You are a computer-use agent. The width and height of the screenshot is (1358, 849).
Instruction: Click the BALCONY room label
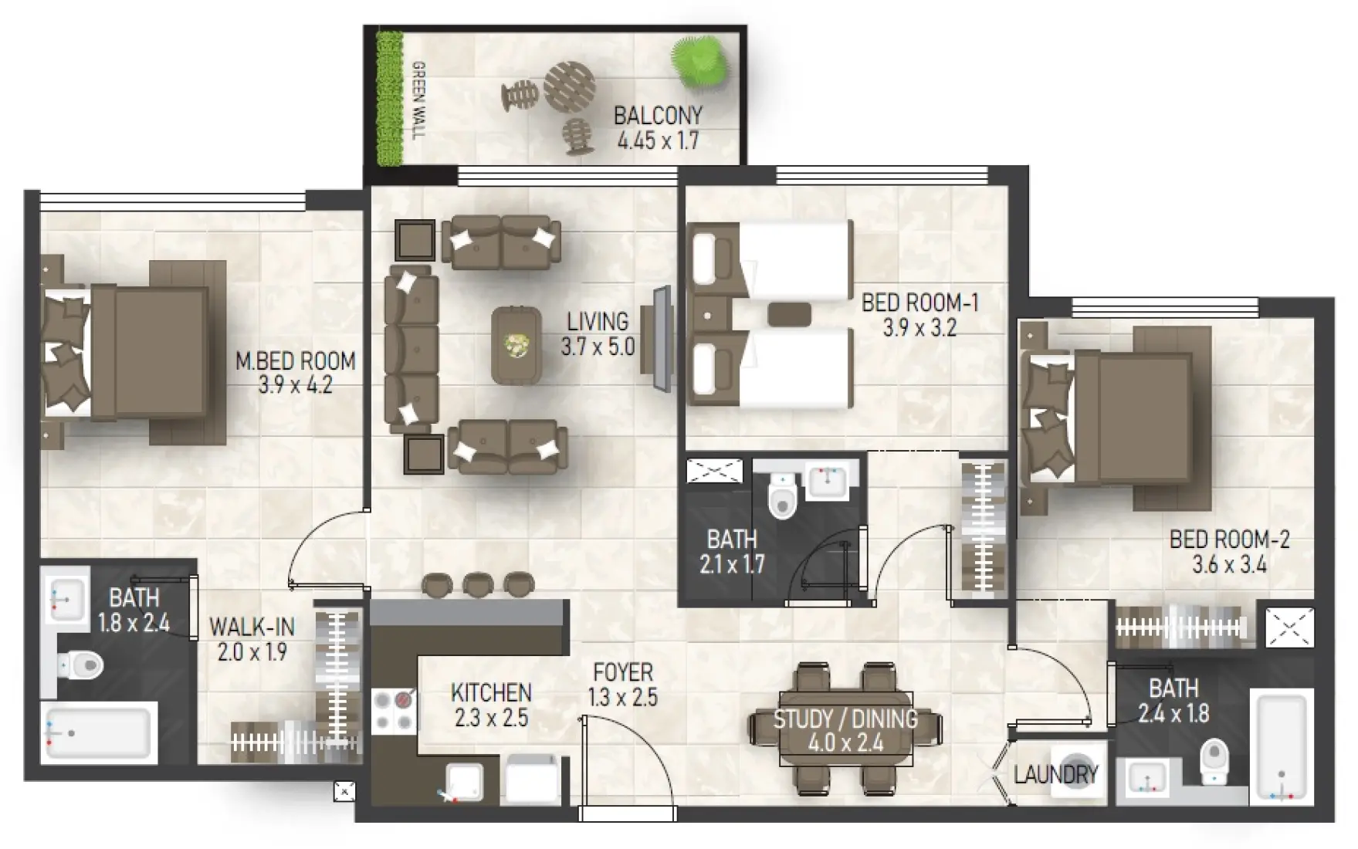click(x=658, y=116)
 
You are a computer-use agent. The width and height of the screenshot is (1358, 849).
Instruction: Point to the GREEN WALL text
click(x=418, y=100)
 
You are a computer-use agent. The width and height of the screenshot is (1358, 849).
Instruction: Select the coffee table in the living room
click(x=516, y=345)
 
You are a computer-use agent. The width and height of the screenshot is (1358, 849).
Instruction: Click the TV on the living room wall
click(x=662, y=338)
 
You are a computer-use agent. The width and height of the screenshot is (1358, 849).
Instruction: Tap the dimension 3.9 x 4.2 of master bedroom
click(x=295, y=384)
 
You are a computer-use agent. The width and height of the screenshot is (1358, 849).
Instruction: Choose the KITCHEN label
click(x=491, y=692)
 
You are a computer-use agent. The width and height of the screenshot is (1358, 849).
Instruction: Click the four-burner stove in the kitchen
click(x=394, y=711)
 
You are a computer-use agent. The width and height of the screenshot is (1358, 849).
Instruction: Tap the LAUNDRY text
click(x=1055, y=775)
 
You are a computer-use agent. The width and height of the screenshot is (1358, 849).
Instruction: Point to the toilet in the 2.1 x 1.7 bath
click(x=782, y=496)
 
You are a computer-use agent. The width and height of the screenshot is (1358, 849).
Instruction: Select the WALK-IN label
click(x=252, y=626)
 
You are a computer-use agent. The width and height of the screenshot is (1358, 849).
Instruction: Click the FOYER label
click(x=622, y=672)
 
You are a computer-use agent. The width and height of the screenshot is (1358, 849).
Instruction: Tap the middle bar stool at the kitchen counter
click(x=478, y=584)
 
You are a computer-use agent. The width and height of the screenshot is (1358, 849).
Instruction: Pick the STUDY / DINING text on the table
click(x=845, y=719)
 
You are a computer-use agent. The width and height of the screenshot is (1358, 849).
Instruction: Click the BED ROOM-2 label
click(x=1229, y=539)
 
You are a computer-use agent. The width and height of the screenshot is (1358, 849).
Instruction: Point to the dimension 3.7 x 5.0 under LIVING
click(x=598, y=347)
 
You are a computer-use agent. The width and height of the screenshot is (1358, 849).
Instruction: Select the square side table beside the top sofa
click(x=415, y=240)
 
